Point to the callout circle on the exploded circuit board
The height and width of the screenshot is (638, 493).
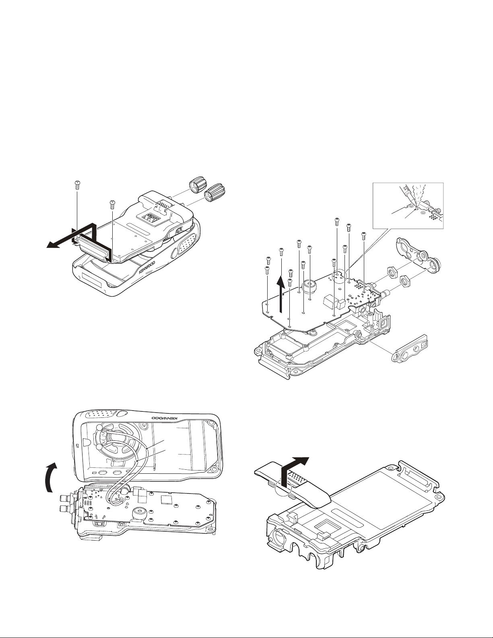(338, 277)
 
